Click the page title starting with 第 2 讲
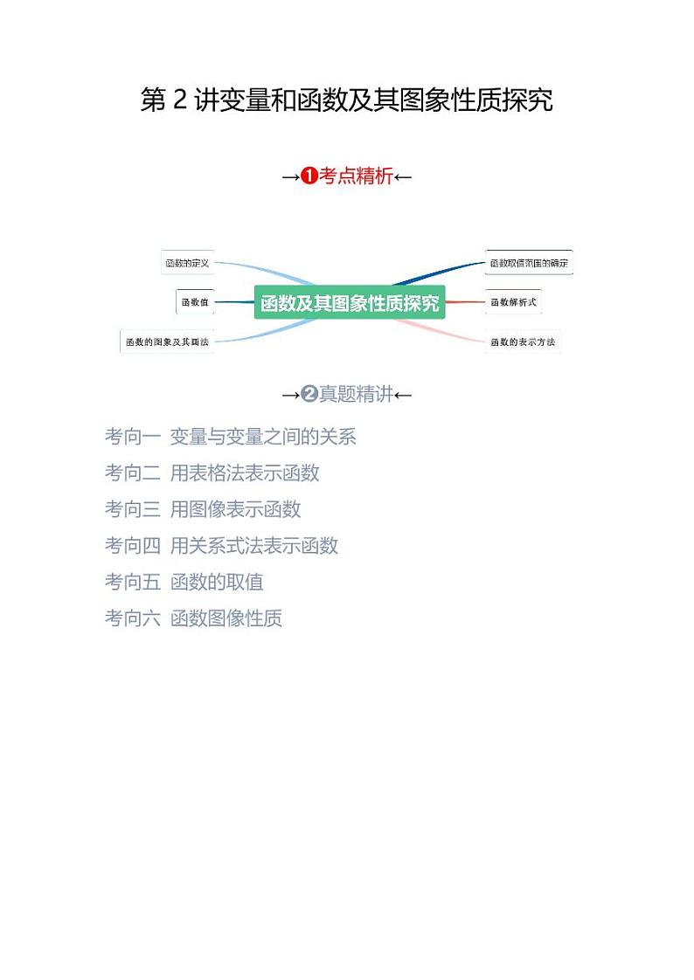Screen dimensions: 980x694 coord(346,100)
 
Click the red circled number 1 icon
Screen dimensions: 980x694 coord(309,176)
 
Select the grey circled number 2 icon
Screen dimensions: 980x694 coord(309,395)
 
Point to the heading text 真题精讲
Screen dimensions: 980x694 coord(356,395)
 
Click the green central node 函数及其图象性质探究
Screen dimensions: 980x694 coord(350,303)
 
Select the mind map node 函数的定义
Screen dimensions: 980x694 coord(188,262)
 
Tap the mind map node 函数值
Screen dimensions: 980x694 coord(194,302)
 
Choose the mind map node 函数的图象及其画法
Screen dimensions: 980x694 coord(166,342)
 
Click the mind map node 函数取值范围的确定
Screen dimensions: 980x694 coord(530,262)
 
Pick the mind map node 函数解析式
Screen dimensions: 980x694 coord(513,302)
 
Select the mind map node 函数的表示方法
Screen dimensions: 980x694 coord(523,342)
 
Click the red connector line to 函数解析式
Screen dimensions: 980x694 coord(465,302)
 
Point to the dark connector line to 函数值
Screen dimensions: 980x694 coord(233,302)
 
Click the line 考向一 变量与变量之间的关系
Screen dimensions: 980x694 coord(231,436)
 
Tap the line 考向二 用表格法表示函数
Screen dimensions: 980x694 coord(212,473)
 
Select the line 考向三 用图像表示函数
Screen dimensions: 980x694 coord(203,509)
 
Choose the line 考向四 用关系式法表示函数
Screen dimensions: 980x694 coord(221,546)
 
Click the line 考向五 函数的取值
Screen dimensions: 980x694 coord(184,582)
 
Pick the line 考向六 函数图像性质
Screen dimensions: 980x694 coord(193,618)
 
